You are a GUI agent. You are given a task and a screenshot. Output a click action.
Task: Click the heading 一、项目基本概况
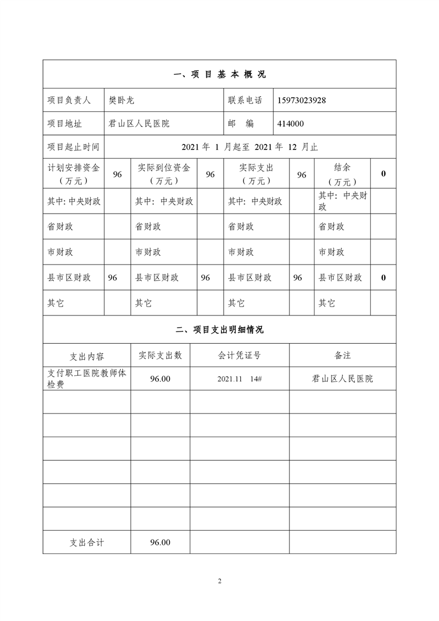point(220,75)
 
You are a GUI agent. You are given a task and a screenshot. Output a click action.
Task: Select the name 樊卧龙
point(122,100)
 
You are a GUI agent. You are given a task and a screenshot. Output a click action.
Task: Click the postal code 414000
point(291,123)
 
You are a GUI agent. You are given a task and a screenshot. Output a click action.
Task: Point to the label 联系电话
point(245,100)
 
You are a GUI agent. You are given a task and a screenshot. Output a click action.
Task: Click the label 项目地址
point(65,123)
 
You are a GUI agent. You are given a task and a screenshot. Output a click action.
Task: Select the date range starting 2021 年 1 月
point(250,147)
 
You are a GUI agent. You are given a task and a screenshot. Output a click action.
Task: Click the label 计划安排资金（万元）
point(74,174)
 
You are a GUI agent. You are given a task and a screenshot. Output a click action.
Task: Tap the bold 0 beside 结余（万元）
point(383,174)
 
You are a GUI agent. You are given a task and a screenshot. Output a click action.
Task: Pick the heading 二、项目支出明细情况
point(220,330)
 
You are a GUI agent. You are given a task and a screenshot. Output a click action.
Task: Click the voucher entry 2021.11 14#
point(239,379)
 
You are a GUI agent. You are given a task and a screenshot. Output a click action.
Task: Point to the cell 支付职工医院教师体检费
point(87,379)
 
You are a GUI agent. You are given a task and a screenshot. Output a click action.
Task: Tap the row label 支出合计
point(87,542)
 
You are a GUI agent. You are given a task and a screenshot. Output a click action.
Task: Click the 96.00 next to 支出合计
point(160,542)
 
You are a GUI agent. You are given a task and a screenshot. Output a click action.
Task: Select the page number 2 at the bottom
point(220,581)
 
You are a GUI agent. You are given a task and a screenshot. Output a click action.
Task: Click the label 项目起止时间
point(74,147)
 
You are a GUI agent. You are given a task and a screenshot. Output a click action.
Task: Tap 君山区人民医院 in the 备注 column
point(342,379)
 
